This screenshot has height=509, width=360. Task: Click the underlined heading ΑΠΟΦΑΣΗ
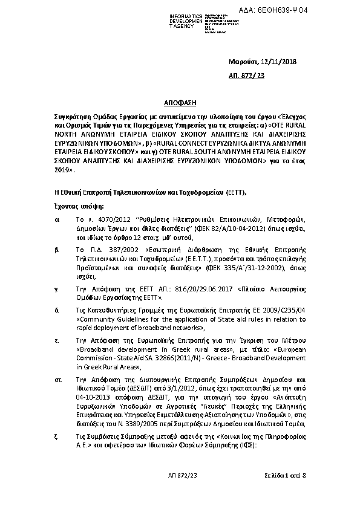180,104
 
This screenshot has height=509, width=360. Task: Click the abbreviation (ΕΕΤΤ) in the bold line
237,192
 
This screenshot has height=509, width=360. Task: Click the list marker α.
56,221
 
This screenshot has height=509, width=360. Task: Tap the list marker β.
56,248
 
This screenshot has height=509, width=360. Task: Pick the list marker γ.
56,290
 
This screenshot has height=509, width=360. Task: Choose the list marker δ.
56,311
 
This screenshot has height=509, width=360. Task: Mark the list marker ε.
56,341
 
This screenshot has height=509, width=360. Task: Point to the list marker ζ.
56,436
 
